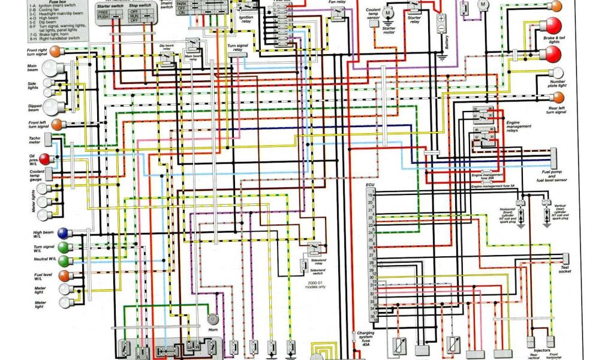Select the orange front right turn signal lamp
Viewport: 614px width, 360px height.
point(55,51)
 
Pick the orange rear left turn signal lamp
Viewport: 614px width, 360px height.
point(558,97)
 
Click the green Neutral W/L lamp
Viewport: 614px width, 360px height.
point(64,260)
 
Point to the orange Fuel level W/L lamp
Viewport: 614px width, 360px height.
point(64,276)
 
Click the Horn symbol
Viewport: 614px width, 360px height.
point(212,320)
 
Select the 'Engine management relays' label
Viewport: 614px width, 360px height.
point(517,127)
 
